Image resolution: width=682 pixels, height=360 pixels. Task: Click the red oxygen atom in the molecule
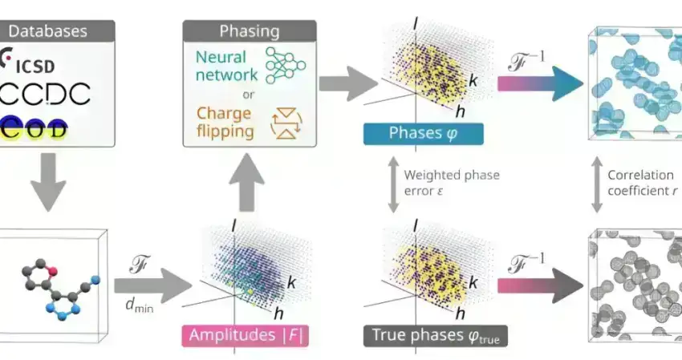[51, 271]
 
